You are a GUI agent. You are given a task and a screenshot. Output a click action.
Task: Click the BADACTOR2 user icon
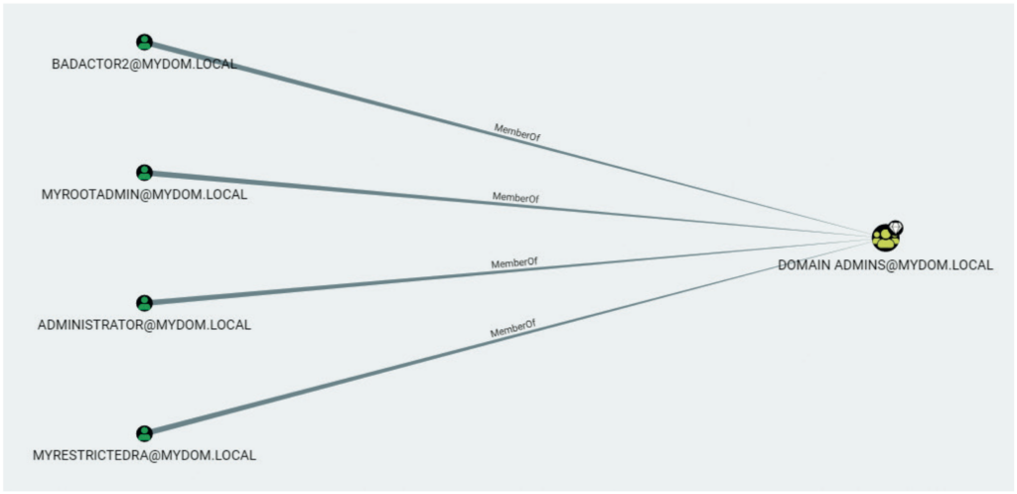[145, 42]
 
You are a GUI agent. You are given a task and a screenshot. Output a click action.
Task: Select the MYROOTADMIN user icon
[145, 173]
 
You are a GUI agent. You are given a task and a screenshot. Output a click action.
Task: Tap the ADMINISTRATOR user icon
[145, 303]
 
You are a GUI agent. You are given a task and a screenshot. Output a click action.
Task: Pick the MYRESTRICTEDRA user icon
[145, 433]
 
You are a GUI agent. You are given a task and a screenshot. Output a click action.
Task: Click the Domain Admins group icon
[885, 238]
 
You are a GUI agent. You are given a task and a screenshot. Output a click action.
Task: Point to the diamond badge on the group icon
[896, 228]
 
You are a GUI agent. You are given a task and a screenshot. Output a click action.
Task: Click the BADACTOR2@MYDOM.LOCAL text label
[144, 65]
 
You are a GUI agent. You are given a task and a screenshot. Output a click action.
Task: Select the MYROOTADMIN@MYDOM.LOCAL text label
[144, 195]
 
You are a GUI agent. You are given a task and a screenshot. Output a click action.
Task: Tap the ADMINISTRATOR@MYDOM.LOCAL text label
[144, 325]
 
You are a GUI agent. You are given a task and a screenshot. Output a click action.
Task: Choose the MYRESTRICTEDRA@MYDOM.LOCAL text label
[144, 455]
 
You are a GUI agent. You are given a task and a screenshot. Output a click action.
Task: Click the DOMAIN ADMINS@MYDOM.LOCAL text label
[885, 265]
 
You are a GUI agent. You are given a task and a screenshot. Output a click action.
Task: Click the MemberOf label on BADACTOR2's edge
[516, 132]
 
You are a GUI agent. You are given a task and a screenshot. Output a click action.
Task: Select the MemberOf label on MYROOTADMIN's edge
[515, 198]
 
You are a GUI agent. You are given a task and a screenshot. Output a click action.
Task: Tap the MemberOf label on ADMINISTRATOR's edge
[514, 263]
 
